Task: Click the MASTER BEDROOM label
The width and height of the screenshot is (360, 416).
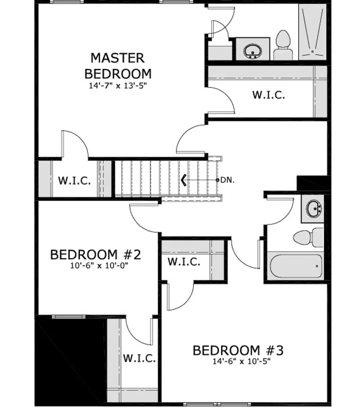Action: (x=118, y=66)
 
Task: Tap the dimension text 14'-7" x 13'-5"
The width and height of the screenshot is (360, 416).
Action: (x=118, y=86)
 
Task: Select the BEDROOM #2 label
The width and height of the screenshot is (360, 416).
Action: (x=96, y=255)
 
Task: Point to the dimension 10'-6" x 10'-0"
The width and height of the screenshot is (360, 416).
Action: (x=99, y=265)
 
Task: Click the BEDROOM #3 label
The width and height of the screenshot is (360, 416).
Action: (x=238, y=350)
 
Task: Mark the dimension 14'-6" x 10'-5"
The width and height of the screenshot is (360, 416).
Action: (x=241, y=362)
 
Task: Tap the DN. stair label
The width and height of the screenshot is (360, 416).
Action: (x=228, y=180)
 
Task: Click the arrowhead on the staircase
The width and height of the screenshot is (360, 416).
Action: (x=184, y=180)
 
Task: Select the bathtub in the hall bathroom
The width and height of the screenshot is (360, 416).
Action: (x=296, y=266)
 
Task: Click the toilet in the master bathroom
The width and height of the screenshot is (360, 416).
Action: (x=283, y=45)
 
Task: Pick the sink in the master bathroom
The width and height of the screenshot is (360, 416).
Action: (x=253, y=51)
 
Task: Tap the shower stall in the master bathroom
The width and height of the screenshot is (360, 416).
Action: (x=313, y=32)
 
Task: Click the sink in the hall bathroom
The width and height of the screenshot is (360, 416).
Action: (x=314, y=208)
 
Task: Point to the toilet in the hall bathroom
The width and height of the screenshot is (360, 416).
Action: (x=308, y=237)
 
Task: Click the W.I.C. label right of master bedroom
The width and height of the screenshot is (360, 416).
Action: (x=268, y=95)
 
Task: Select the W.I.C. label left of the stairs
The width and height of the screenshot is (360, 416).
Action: (x=74, y=181)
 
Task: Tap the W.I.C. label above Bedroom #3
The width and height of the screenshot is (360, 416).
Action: (x=184, y=262)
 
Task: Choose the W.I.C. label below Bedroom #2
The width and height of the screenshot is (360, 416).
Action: (x=139, y=358)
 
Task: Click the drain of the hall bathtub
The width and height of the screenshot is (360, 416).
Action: (x=317, y=266)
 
